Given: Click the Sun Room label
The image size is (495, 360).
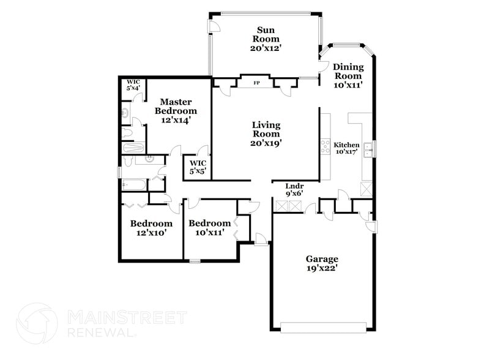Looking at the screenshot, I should coord(265,38).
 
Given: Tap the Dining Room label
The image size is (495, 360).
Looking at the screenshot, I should coord(348,76).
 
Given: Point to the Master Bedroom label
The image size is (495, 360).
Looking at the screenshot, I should coord(176,111).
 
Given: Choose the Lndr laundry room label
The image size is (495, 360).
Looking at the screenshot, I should coord(295,190).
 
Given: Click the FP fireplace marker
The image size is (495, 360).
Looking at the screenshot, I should coord(257,82).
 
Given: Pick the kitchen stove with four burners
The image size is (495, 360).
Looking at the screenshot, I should coord(325,146).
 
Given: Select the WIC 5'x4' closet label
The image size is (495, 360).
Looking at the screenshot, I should coord(133,84).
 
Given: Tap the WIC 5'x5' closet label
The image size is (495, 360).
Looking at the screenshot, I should coord(198,167).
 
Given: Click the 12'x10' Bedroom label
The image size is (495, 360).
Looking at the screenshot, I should coord(151,228).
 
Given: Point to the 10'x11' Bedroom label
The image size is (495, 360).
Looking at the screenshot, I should coord(209,228).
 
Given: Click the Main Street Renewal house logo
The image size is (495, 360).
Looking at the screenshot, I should coord(37,324).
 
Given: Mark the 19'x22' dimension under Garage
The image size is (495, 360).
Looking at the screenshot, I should coord(322,268).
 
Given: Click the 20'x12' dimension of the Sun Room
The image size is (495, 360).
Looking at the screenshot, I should coord(265,47).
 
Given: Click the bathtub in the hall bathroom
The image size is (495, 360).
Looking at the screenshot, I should coord(134,183).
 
